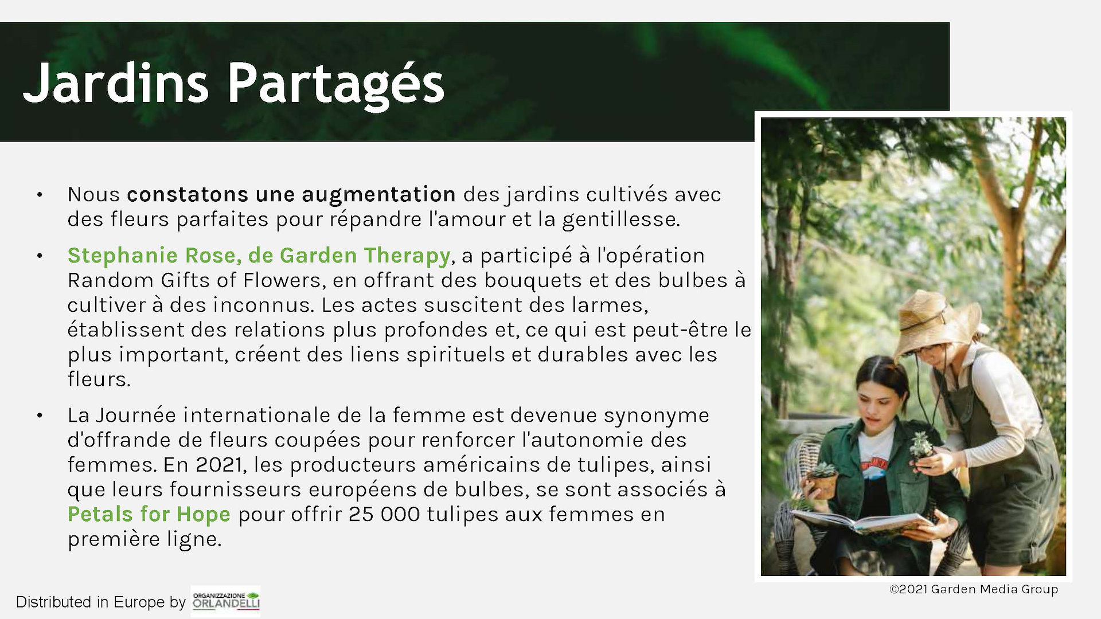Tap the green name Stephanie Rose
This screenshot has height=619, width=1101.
point(151,256)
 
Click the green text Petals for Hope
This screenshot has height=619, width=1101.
point(149,514)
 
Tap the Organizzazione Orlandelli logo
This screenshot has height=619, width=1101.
point(226,601)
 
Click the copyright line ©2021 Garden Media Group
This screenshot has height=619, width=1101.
point(974,589)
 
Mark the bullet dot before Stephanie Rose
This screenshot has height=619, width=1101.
point(40,256)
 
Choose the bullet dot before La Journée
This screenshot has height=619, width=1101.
point(40,416)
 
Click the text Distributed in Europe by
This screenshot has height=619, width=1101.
point(101,602)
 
